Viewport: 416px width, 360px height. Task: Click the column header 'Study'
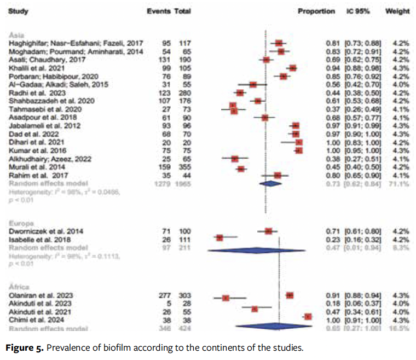19,11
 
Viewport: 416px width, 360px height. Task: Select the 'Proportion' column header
316,11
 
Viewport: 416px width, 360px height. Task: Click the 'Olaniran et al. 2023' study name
40,295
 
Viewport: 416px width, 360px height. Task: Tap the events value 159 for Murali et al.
164,167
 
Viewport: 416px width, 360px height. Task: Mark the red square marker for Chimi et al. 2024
308,316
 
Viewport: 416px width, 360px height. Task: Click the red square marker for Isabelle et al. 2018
219,238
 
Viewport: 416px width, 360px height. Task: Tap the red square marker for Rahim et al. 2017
278,175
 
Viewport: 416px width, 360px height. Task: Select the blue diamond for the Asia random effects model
270,184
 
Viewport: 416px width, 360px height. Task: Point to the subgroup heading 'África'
20,286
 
